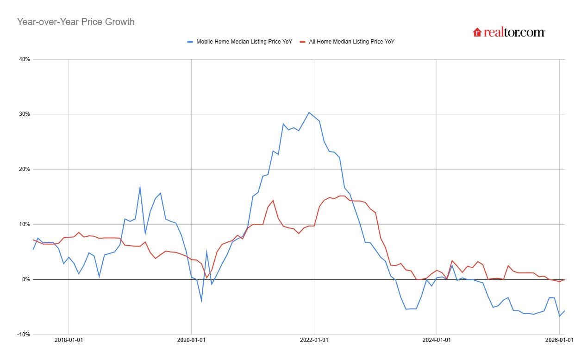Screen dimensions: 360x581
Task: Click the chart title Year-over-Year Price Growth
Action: point(75,22)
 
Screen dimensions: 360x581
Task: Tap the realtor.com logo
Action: point(509,32)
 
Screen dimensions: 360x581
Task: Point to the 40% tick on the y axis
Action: point(24,59)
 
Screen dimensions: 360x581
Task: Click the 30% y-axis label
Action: point(24,114)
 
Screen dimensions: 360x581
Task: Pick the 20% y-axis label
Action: point(24,170)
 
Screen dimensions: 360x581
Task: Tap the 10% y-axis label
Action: point(24,224)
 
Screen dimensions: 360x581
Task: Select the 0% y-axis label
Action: point(25,279)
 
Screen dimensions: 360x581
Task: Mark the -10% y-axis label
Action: point(23,335)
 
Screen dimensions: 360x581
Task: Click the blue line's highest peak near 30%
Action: point(309,112)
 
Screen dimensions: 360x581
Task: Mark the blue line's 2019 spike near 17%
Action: point(140,187)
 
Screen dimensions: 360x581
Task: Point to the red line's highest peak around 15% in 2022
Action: point(341,196)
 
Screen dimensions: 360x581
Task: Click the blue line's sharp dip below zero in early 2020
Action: point(201,301)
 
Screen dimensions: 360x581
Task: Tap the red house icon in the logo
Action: point(477,32)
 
